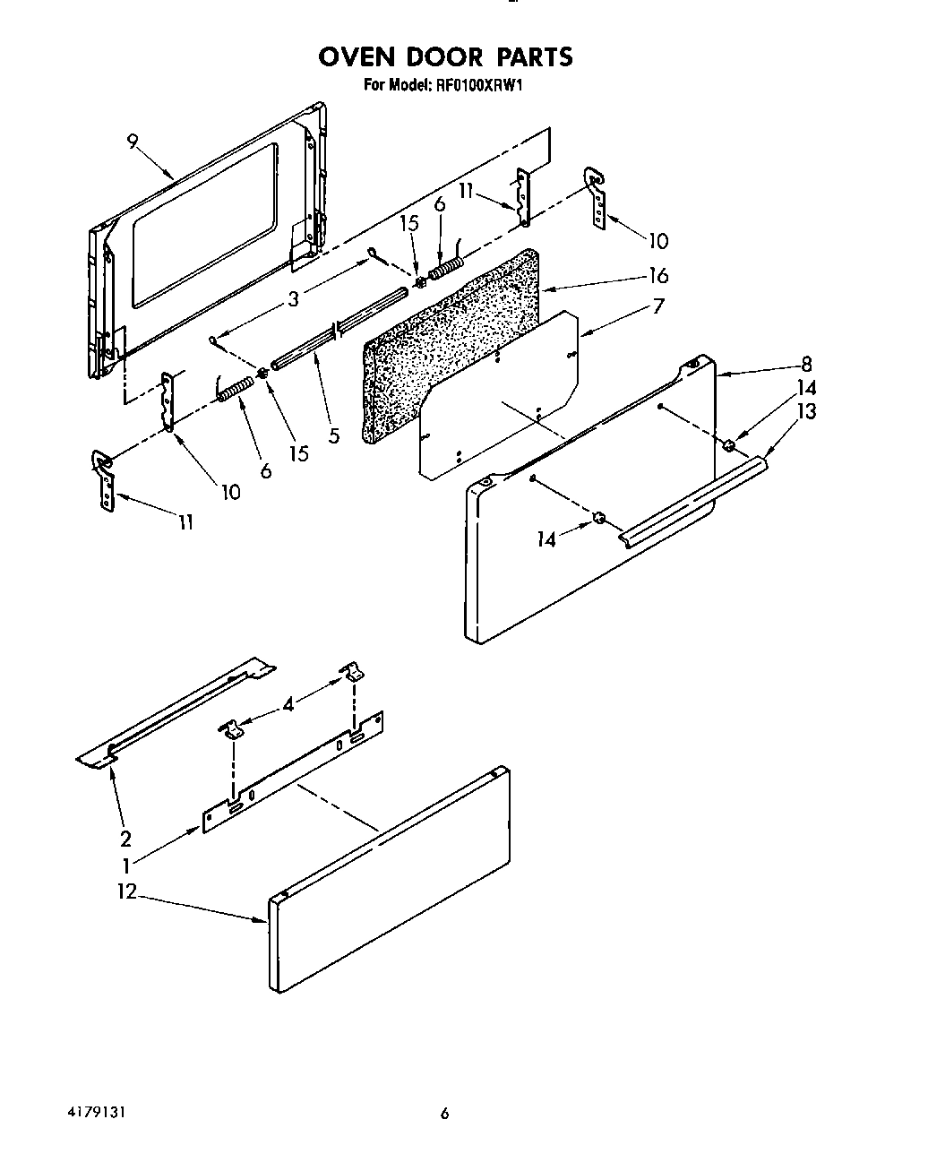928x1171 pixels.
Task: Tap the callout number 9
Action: [133, 142]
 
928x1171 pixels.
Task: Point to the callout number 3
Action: [293, 299]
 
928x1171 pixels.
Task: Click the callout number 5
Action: [333, 436]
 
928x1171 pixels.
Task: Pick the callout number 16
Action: [658, 275]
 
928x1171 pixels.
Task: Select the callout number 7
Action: [658, 306]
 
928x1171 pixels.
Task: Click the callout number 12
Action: [126, 892]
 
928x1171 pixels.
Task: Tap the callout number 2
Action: [125, 839]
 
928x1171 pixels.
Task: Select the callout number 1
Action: [126, 865]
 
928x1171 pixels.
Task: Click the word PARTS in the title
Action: [533, 57]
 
